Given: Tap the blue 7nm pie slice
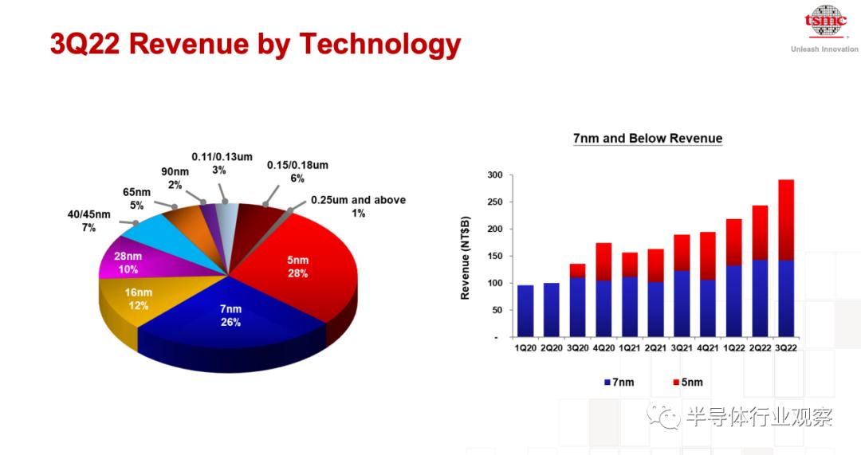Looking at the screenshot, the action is pyautogui.click(x=230, y=324).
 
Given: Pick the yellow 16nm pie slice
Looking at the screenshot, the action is pyautogui.click(x=135, y=302).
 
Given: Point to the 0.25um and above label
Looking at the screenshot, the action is pyautogui.click(x=358, y=206).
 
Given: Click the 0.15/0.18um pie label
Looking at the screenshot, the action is pyautogui.click(x=297, y=171).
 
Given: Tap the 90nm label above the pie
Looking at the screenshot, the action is pyautogui.click(x=175, y=178).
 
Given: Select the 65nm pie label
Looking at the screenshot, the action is pyautogui.click(x=136, y=198).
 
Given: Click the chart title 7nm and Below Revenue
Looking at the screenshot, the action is pyautogui.click(x=648, y=139).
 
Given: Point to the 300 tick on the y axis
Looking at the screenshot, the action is pyautogui.click(x=495, y=175).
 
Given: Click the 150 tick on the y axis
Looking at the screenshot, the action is pyautogui.click(x=495, y=256).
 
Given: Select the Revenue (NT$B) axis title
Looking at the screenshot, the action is pyautogui.click(x=465, y=258).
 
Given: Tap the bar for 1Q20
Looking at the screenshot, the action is pyautogui.click(x=525, y=311).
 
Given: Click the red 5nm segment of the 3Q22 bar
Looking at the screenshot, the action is pyautogui.click(x=786, y=220).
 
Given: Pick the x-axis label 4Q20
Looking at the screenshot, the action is pyautogui.click(x=603, y=348).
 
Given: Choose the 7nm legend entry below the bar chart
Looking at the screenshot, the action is pyautogui.click(x=619, y=382).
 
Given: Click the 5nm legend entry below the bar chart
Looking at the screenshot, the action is pyautogui.click(x=688, y=382).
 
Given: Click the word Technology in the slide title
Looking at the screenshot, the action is pyautogui.click(x=380, y=45).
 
